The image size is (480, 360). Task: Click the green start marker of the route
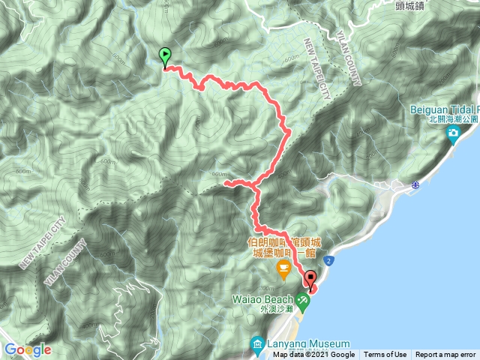[165, 55]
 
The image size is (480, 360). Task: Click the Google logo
[27, 349]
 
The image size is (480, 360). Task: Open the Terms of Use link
[385, 355]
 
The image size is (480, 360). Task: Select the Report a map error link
[445, 355]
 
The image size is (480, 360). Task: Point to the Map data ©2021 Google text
[314, 355]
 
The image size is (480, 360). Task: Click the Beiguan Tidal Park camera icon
[453, 134]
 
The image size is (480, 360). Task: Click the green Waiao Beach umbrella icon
[303, 301]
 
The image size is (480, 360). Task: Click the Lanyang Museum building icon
[255, 346]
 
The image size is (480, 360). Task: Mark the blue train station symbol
[415, 184]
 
